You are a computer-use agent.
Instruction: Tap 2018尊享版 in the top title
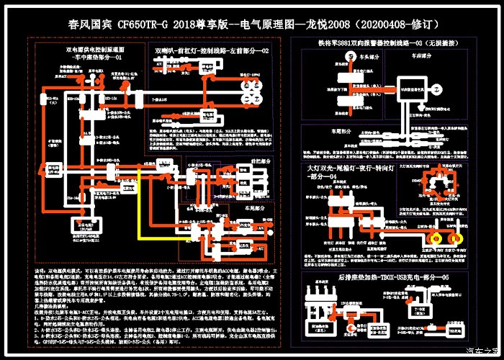[x=199, y=24]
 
